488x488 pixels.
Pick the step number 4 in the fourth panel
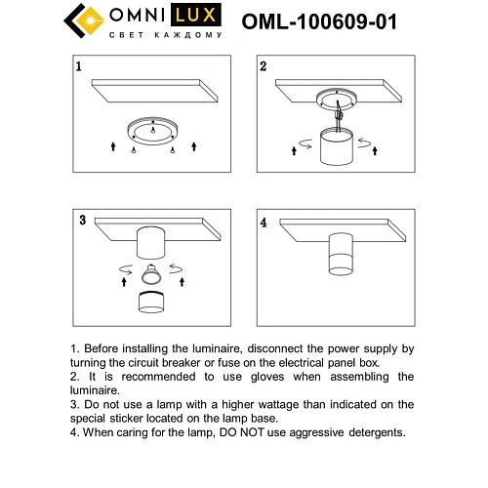264,219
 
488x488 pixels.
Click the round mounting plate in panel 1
152,130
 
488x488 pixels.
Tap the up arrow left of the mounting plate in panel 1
111,145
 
